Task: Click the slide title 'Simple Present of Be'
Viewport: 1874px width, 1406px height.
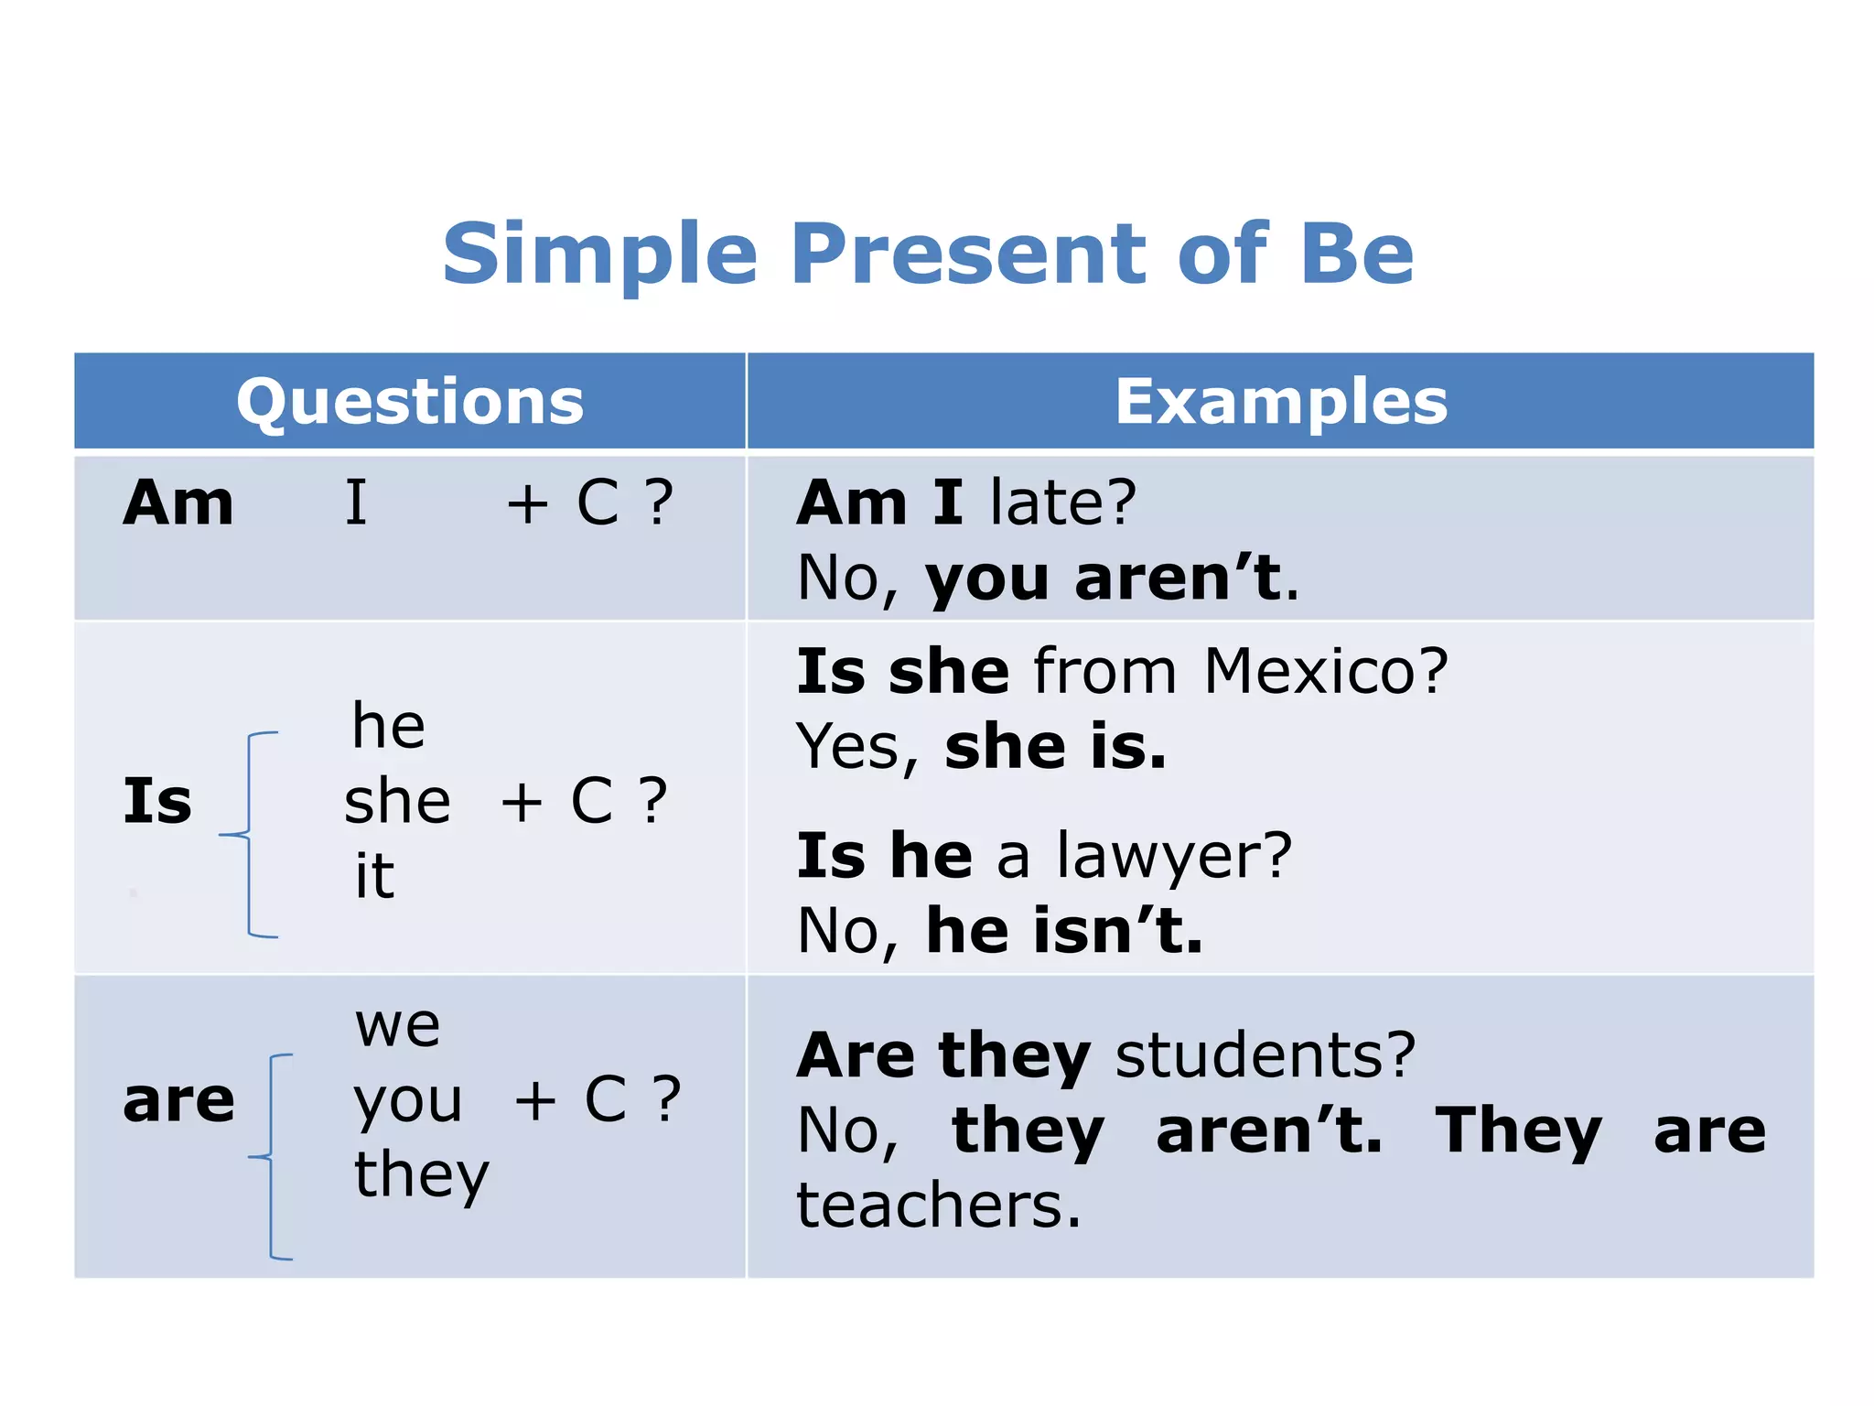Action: (928, 254)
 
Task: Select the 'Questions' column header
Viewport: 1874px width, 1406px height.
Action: (410, 402)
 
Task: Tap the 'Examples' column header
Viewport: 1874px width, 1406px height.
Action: (1281, 402)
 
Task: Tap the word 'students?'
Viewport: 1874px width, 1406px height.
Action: (1265, 1055)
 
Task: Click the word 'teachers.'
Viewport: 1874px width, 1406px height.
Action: (939, 1206)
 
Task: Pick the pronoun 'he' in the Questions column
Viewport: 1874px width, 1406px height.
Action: (389, 726)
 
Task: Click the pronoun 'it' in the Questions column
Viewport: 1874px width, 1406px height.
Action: (375, 876)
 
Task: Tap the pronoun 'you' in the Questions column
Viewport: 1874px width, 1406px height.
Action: (408, 1101)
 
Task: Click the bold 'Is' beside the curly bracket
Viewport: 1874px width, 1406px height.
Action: (157, 801)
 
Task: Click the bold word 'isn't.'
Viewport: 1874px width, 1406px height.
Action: (1118, 931)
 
